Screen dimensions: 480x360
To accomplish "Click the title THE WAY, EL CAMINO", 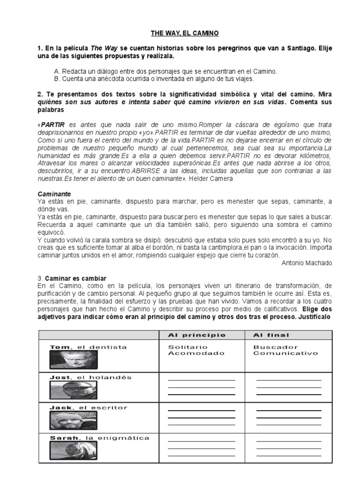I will (178, 33).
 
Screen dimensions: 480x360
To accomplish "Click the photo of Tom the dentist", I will (73, 360).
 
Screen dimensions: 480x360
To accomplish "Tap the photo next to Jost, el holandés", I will (73, 390).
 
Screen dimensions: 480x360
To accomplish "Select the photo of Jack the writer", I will (73, 420).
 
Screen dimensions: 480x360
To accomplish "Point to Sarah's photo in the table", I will (73, 451).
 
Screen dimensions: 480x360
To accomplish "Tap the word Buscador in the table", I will (270, 347).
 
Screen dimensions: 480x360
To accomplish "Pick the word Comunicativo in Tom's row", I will (285, 353).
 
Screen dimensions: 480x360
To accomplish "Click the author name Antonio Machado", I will (307, 263).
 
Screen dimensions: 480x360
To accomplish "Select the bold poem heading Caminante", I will (54, 193).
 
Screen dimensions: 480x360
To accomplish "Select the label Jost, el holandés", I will (90, 377).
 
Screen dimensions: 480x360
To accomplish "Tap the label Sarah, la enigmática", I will (99, 438).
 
